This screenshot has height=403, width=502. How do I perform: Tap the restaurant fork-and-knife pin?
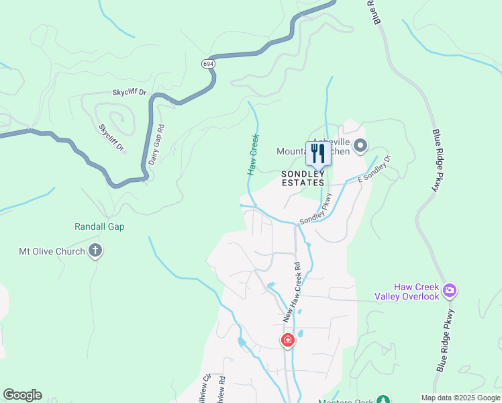pyautogui.click(x=317, y=154)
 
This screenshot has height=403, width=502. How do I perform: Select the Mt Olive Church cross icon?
pyautogui.click(x=95, y=251)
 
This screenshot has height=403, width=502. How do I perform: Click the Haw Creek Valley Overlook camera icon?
pyautogui.click(x=449, y=291)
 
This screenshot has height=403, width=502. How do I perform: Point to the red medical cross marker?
pyautogui.click(x=287, y=341)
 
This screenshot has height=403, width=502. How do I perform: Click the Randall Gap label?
pyautogui.click(x=99, y=227)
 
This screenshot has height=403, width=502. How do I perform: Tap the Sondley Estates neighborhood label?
pyautogui.click(x=303, y=179)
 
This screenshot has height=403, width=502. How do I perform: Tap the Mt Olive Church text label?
pyautogui.click(x=52, y=252)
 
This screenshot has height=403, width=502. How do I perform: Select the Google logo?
pyautogui.click(x=22, y=395)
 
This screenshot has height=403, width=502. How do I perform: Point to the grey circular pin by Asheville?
pyautogui.click(x=360, y=145)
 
